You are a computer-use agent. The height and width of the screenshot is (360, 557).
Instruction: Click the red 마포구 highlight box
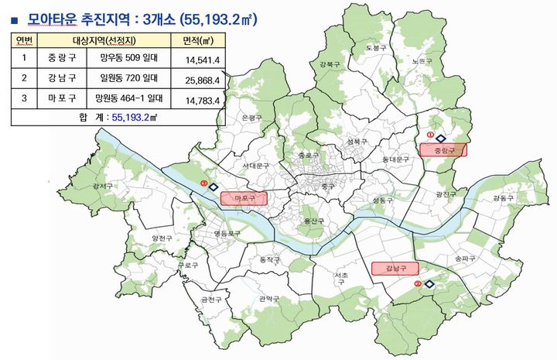(x=244, y=198)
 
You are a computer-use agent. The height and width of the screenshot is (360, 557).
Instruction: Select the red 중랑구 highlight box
(x=443, y=150)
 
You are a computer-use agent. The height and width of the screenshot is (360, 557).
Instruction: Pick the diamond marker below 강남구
(x=429, y=284)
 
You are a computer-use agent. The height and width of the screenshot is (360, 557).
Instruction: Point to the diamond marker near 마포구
(x=214, y=186)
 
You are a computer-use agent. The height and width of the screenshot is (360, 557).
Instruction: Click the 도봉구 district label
(x=374, y=48)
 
